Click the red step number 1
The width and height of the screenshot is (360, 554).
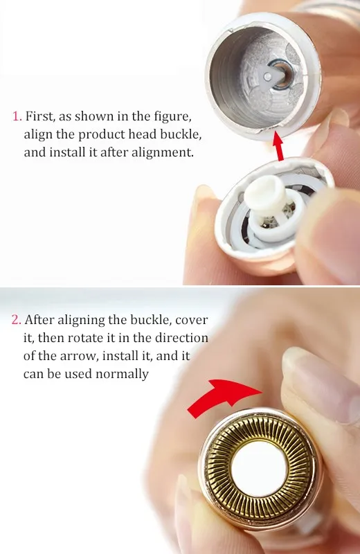point(16,116)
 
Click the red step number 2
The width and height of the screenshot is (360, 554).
point(16,320)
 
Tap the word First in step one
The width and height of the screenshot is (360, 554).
point(39,116)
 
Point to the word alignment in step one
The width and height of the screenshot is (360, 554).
point(164,152)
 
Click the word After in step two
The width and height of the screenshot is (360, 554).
point(39,320)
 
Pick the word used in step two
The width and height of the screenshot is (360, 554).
point(76,374)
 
